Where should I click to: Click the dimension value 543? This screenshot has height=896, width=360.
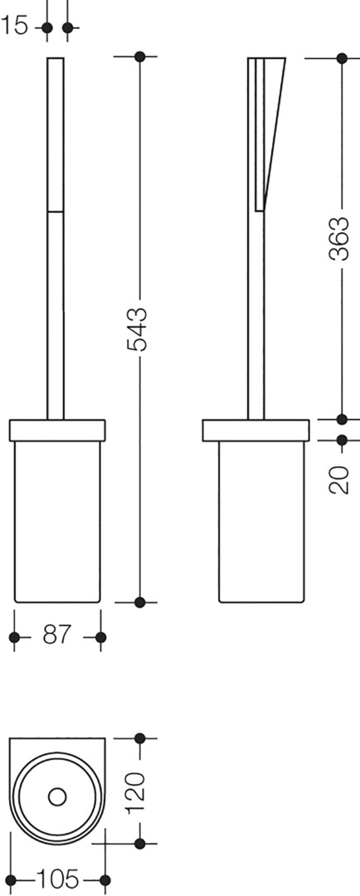138,329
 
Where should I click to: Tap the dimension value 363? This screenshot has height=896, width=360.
340,239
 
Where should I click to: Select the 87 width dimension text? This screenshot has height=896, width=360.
56,635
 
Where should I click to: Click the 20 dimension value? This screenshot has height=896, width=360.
340,480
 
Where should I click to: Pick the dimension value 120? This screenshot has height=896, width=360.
138,794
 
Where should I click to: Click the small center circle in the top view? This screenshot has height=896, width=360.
57,796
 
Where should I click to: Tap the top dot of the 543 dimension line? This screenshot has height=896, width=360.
139,56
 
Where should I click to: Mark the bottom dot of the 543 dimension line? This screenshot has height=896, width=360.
139,601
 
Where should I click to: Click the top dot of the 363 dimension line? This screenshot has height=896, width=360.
342,58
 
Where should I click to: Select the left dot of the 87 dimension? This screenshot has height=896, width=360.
14,637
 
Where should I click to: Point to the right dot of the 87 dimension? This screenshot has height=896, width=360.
100,637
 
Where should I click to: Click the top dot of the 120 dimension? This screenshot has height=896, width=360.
139,738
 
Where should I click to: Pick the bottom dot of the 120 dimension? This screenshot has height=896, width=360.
139,843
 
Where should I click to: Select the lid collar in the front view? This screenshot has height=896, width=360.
57,431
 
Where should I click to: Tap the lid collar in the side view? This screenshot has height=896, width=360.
255,431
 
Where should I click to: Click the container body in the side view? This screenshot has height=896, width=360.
262,522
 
